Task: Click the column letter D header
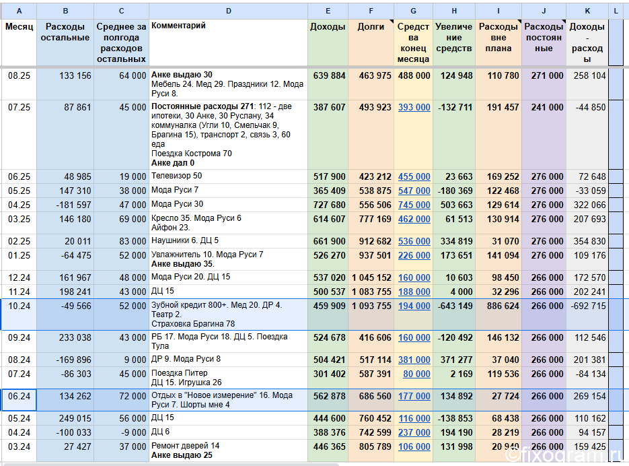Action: pyautogui.click(x=228, y=11)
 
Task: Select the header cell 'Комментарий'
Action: pyautogui.click(x=178, y=26)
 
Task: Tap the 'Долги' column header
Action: pyautogui.click(x=371, y=27)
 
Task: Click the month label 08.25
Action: pyautogui.click(x=19, y=75)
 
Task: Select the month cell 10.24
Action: pyautogui.click(x=19, y=306)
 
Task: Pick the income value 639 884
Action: pyautogui.click(x=329, y=75)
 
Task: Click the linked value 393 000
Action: pyautogui.click(x=414, y=107)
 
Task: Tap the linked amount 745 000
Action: pyautogui.click(x=414, y=205)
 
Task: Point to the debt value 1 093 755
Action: pyautogui.click(x=371, y=306)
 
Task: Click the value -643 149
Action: pyautogui.click(x=455, y=306)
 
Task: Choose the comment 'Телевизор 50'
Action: pyautogui.click(x=176, y=176)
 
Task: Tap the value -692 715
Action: pyautogui.click(x=588, y=306)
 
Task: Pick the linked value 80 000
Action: pyautogui.click(x=416, y=374)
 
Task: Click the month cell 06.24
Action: pyautogui.click(x=19, y=396)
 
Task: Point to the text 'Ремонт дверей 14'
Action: pyautogui.click(x=185, y=446)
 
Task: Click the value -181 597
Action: pyautogui.click(x=74, y=205)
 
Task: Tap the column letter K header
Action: pyautogui.click(x=587, y=11)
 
